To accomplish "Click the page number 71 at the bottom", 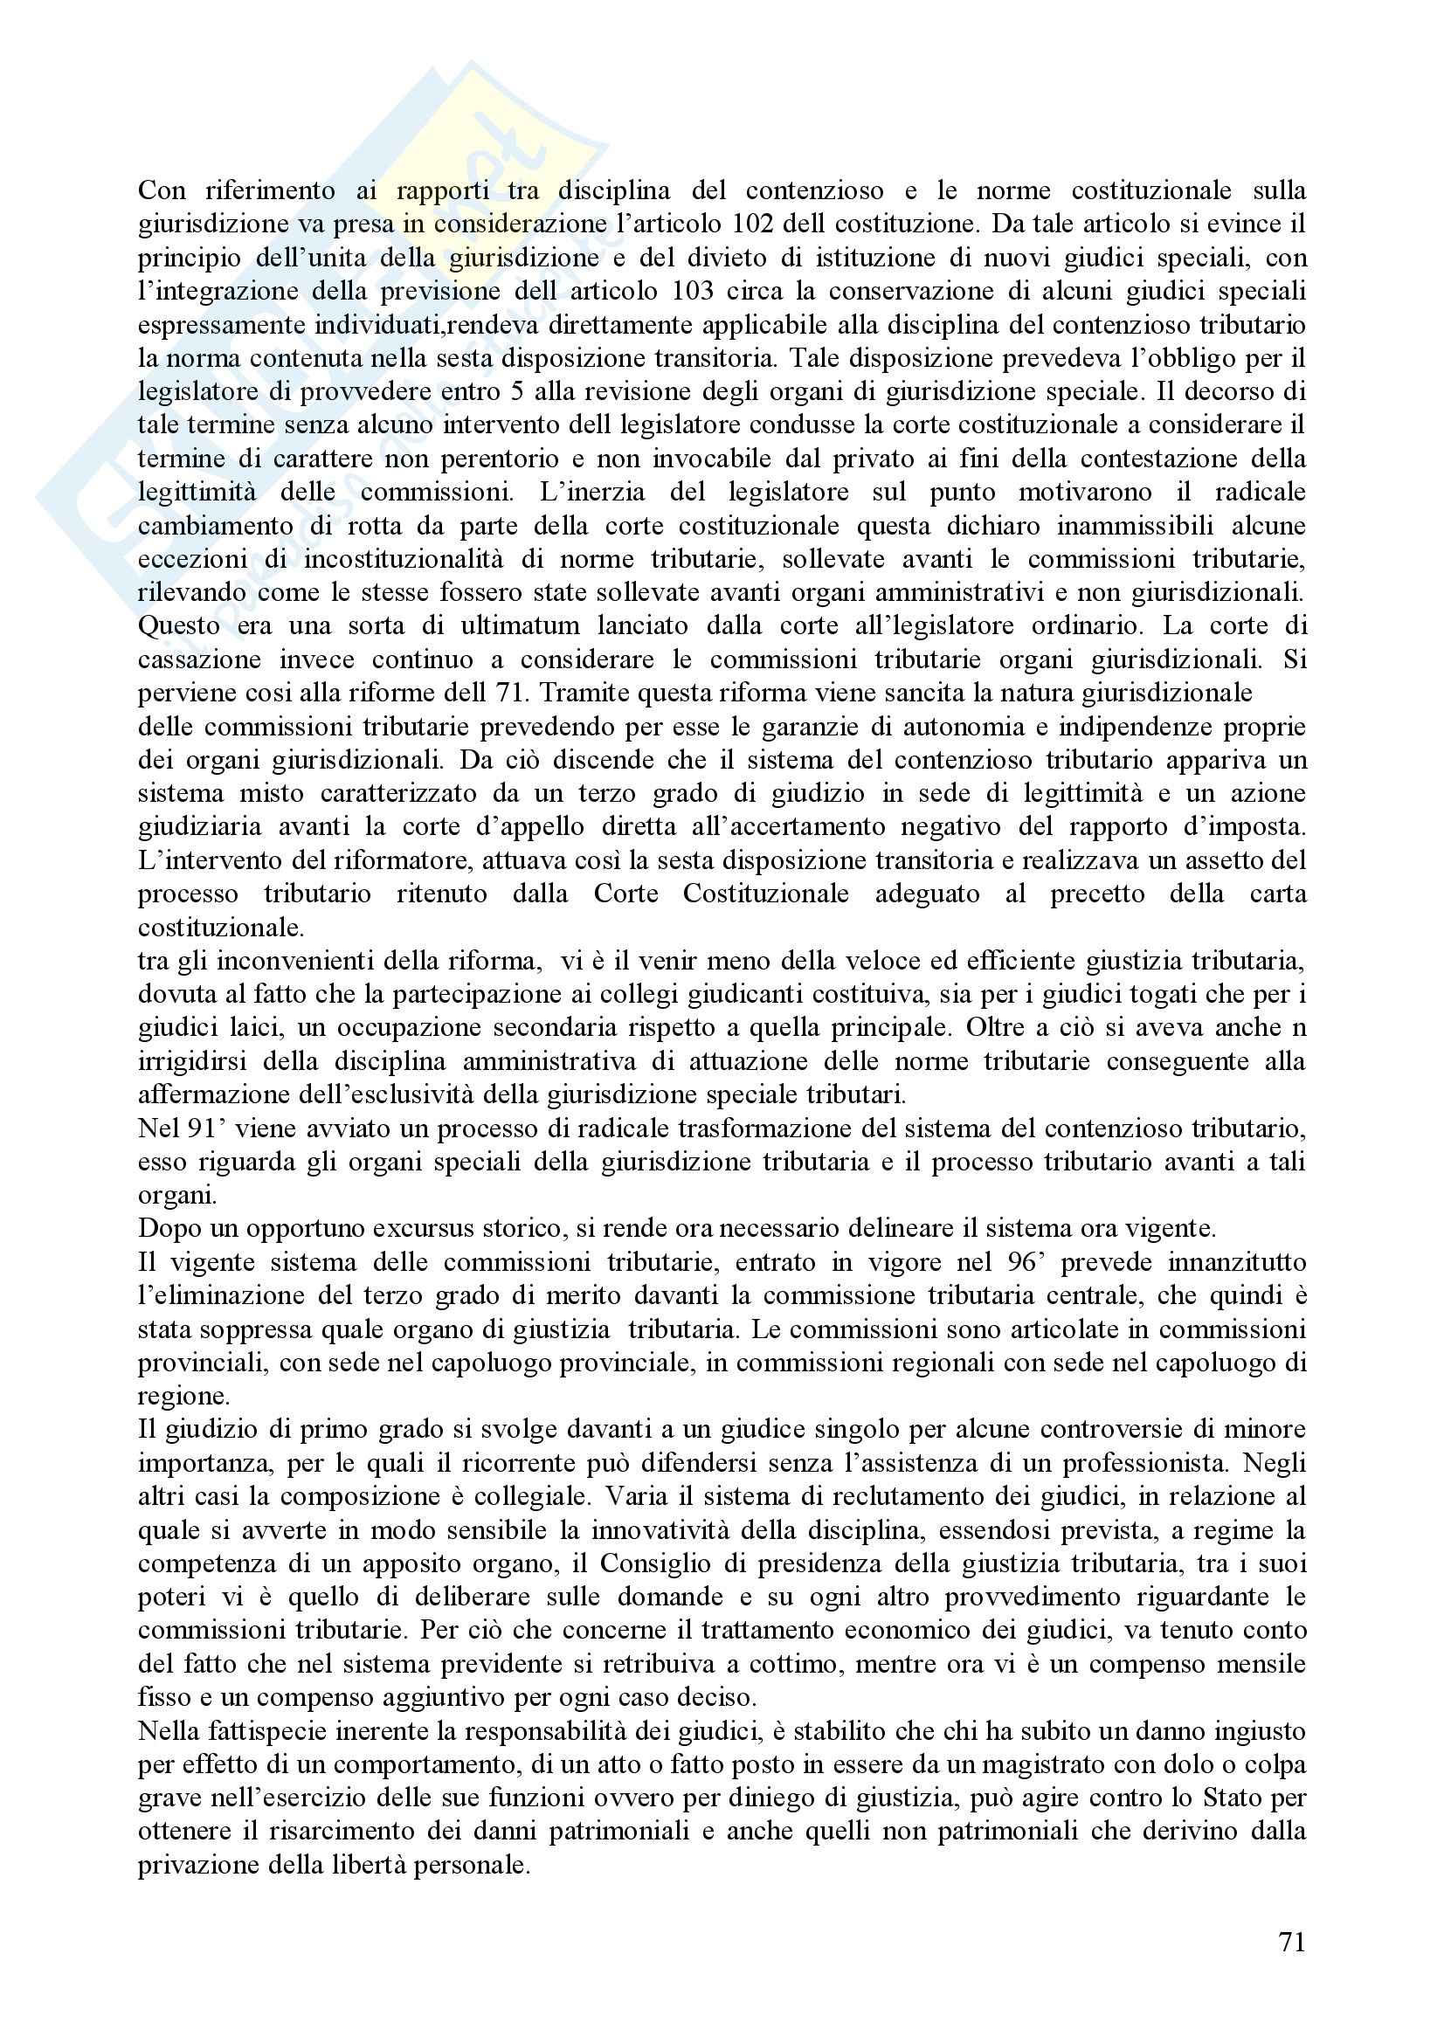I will click(1291, 1943).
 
